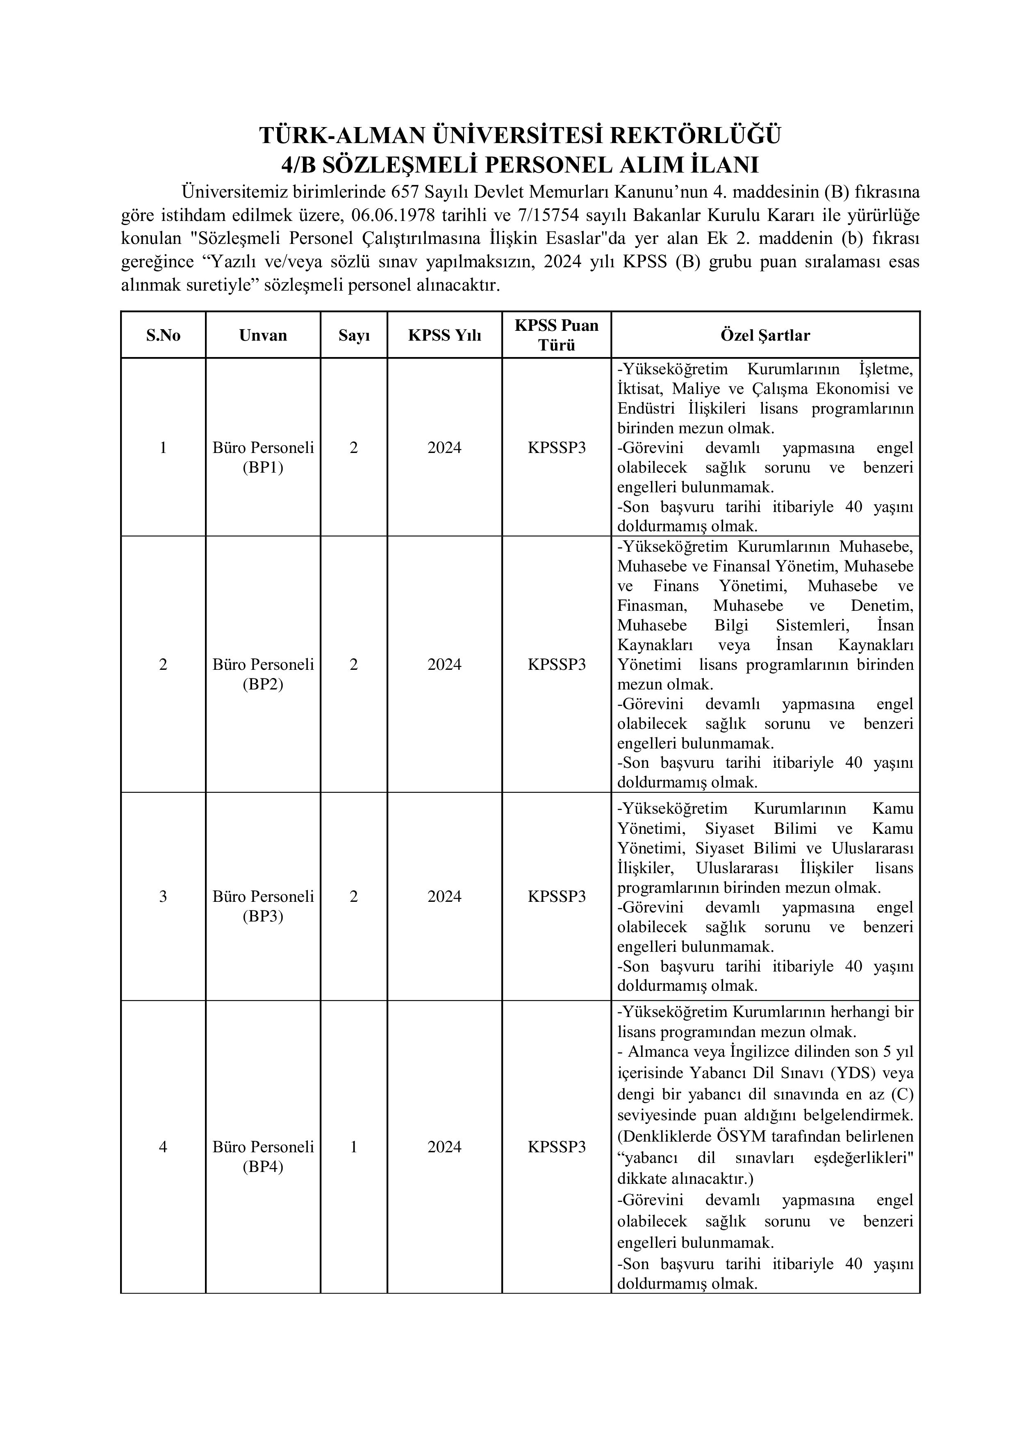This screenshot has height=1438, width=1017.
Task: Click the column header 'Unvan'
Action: [x=263, y=335]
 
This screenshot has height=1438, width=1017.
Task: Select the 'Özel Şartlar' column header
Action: [x=765, y=335]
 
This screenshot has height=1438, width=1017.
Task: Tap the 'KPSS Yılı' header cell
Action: [x=445, y=335]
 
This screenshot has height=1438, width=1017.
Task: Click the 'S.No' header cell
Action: [x=164, y=335]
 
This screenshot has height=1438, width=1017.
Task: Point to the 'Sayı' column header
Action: [x=354, y=335]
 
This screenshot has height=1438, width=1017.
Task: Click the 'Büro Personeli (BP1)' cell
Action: [x=263, y=457]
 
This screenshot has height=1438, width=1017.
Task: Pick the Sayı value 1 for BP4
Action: [x=354, y=1147]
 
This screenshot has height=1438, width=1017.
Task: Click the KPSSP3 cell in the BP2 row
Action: [x=557, y=664]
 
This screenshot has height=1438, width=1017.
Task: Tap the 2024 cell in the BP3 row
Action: [x=445, y=896]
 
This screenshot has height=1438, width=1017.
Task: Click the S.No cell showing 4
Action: [x=164, y=1147]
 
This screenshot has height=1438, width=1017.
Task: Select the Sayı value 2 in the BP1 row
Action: [x=354, y=447]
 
